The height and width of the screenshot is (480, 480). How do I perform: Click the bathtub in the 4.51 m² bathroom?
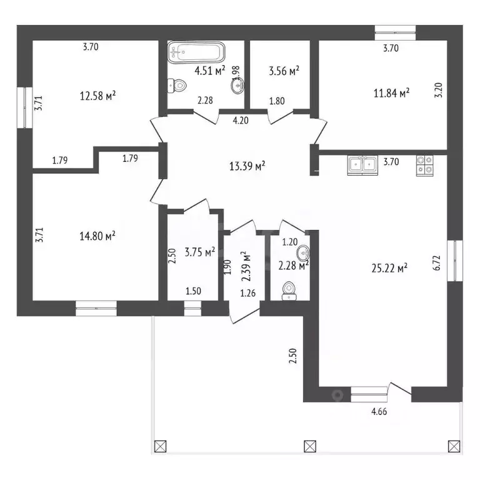(x=196, y=52)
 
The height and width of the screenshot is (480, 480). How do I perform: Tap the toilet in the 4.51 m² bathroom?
(x=177, y=86)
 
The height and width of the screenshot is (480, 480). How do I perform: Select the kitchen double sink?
(x=362, y=165)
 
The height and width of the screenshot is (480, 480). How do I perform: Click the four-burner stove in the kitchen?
(x=424, y=166)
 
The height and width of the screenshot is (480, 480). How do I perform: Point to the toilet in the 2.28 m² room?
(x=289, y=291)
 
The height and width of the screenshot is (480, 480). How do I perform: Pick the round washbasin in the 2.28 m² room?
(x=303, y=253)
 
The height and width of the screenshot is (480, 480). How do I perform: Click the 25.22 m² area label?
(x=389, y=268)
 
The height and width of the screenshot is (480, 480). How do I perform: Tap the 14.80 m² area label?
(x=97, y=236)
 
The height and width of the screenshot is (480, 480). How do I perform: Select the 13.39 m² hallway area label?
(x=247, y=166)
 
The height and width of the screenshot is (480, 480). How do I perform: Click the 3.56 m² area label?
(x=284, y=71)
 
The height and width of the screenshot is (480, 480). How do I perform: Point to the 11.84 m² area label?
(x=391, y=92)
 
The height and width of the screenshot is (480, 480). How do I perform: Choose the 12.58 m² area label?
(x=98, y=96)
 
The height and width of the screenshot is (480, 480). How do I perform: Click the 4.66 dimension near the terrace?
(x=379, y=411)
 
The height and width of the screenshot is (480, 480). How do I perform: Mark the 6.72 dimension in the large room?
(x=437, y=262)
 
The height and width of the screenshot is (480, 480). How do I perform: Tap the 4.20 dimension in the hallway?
(x=241, y=120)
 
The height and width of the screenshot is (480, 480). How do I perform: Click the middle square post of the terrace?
(x=310, y=446)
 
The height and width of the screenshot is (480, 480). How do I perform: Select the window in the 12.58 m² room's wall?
(x=24, y=107)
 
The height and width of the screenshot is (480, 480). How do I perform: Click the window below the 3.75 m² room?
(x=192, y=308)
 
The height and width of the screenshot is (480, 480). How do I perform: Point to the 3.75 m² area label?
(x=200, y=252)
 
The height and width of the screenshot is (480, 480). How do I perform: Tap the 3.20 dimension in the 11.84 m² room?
(x=439, y=90)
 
